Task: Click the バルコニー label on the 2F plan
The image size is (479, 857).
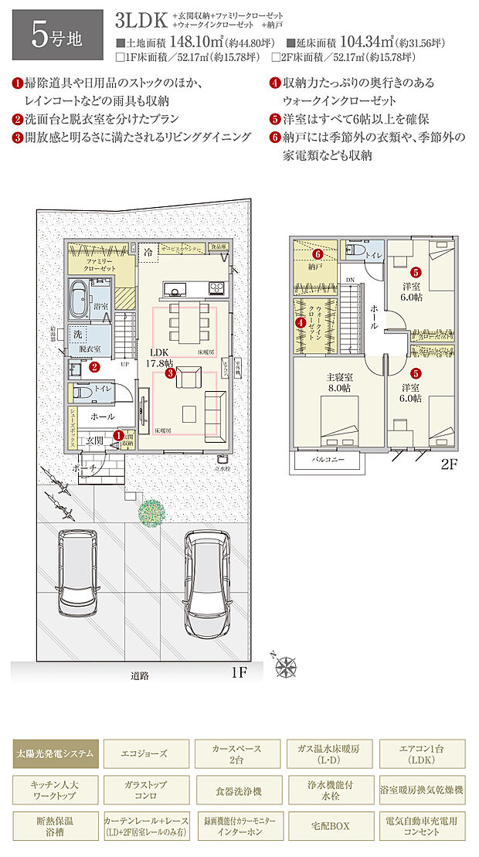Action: coord(328,462)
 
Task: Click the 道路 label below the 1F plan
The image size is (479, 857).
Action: coord(140,675)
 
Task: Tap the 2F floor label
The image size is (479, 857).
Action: coord(450,464)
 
